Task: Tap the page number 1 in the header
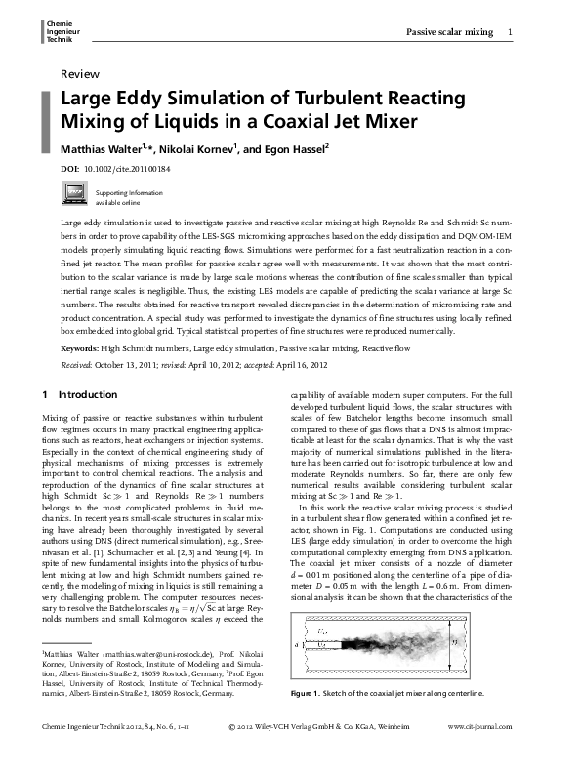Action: [512, 33]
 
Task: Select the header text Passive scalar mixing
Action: [449, 33]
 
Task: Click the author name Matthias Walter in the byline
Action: [103, 149]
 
